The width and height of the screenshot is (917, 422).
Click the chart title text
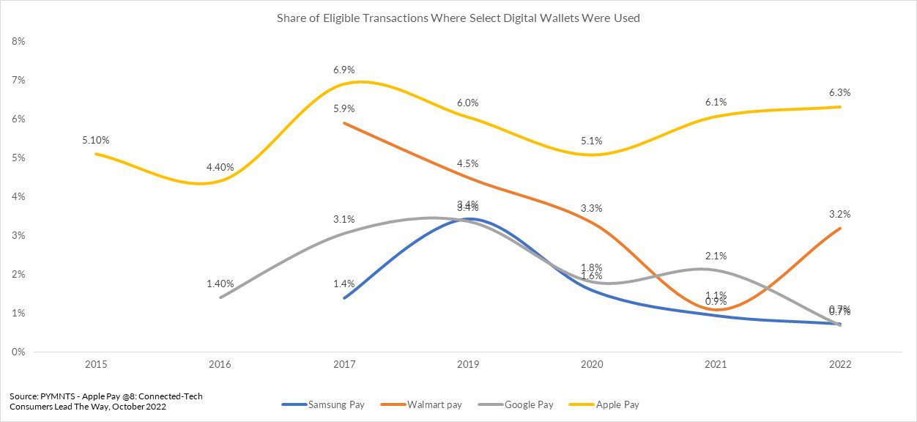click(458, 18)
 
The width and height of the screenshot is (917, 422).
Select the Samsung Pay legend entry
click(336, 404)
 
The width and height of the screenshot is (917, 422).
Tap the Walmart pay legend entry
click(434, 404)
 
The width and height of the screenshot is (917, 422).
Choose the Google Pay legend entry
click(529, 404)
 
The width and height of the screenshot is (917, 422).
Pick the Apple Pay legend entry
click(618, 404)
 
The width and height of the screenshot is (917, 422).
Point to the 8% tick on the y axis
click(18, 42)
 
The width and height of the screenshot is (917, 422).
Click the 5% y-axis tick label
click(18, 158)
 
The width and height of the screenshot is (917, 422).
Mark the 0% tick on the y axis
click(18, 352)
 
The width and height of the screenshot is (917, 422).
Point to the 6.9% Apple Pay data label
click(344, 70)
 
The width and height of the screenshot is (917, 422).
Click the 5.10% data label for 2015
click(96, 140)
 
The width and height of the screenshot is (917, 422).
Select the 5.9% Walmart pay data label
click(344, 109)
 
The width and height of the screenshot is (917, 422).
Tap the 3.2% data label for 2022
click(840, 215)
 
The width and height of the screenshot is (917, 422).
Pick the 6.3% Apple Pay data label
click(840, 93)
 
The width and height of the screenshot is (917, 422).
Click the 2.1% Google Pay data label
click(716, 256)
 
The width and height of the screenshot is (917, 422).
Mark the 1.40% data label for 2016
click(220, 284)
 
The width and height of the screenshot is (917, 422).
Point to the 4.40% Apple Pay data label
click(220, 167)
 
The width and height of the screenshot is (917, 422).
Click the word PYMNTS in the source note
click(57, 396)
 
